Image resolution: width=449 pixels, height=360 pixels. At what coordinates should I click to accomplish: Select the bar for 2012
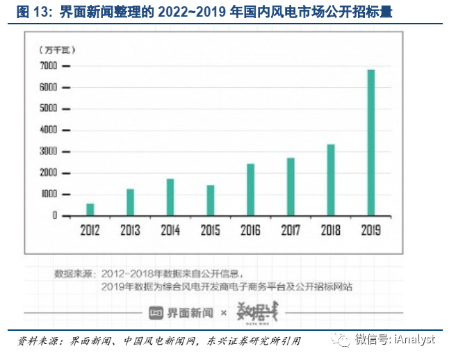(x=90, y=209)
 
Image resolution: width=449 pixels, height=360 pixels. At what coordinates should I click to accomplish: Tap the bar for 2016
(x=251, y=190)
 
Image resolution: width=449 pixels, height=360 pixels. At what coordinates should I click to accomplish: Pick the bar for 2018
(x=331, y=180)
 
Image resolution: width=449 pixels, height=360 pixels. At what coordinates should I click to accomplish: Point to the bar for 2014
(x=170, y=197)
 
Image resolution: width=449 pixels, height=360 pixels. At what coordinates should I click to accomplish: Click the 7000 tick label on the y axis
(x=49, y=65)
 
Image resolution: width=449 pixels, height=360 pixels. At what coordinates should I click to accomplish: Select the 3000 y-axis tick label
(x=49, y=152)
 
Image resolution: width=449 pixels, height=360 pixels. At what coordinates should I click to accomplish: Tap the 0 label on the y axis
(x=55, y=216)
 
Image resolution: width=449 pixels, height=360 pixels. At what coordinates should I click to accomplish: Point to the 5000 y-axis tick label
(x=49, y=108)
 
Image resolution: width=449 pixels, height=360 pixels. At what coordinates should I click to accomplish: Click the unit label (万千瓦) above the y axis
(x=58, y=49)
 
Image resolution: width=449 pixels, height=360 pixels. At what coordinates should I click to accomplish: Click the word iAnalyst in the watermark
(x=416, y=339)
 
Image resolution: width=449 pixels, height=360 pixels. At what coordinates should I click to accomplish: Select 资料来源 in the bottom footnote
(x=36, y=341)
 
